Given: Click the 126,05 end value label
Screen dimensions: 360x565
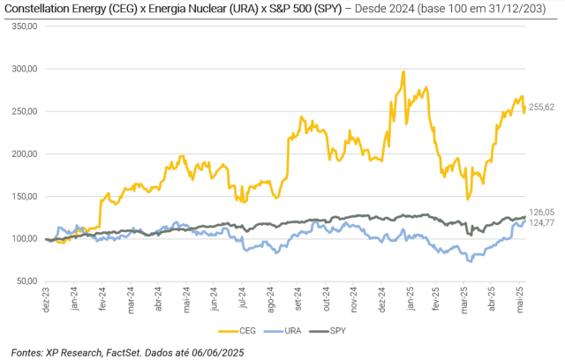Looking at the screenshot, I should pos(541,212).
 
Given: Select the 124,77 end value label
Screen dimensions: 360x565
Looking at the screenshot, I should pos(541,222).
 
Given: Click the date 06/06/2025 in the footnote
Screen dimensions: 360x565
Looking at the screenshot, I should pos(213,352).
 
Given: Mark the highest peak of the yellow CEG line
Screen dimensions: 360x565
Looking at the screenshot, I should pos(403,71).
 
